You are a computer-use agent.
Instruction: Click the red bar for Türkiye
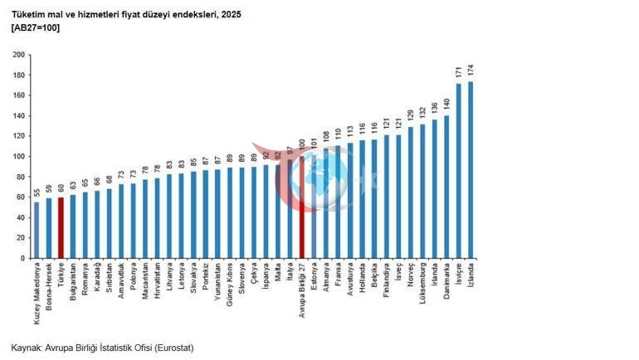coord(61,228)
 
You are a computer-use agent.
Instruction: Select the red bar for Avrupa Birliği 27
coord(301,207)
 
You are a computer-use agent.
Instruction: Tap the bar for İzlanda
coord(471,170)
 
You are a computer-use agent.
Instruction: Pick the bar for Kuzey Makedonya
coord(37,231)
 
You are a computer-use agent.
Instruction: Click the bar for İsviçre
coord(458,171)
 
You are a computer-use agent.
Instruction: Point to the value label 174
coord(471,71)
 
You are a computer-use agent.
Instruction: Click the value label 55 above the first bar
coord(37,192)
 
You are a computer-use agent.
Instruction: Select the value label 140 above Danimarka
coord(446,105)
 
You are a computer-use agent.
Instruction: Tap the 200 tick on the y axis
coord(19,55)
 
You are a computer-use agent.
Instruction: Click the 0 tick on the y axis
coord(23,258)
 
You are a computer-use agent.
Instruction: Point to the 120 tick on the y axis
coord(19,136)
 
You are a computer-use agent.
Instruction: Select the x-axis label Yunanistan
coord(217,281)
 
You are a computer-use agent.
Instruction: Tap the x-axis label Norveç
coord(411,275)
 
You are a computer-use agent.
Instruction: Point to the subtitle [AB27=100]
coord(36,27)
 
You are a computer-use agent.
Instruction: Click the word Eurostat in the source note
coord(173,348)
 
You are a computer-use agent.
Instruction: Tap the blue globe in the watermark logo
coord(320,178)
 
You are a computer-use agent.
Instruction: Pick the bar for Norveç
coord(411,192)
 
